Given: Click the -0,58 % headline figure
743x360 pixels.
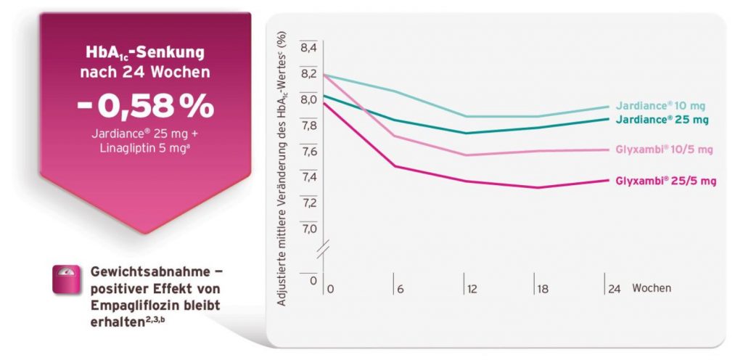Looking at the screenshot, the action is pos(145,107).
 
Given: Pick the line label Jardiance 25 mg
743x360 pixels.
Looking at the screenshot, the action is pos(662,120).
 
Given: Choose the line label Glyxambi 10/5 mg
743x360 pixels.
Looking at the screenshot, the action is pos(664,150).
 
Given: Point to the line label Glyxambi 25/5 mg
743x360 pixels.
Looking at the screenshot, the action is pos(666,181).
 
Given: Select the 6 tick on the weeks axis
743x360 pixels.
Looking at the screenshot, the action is pos(401,289).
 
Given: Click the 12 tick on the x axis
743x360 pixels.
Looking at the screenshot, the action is pos(472,289).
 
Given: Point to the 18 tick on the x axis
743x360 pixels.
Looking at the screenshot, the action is pos(542,289).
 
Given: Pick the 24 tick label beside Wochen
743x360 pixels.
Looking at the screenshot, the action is pos(614,289).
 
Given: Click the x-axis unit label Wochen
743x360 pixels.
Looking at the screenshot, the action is pos(652,288).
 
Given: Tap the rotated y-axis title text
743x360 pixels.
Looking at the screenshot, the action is pos(282,168).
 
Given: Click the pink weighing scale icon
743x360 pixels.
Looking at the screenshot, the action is pos(66,279).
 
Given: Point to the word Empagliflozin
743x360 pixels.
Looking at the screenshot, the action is pos(127,306).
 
